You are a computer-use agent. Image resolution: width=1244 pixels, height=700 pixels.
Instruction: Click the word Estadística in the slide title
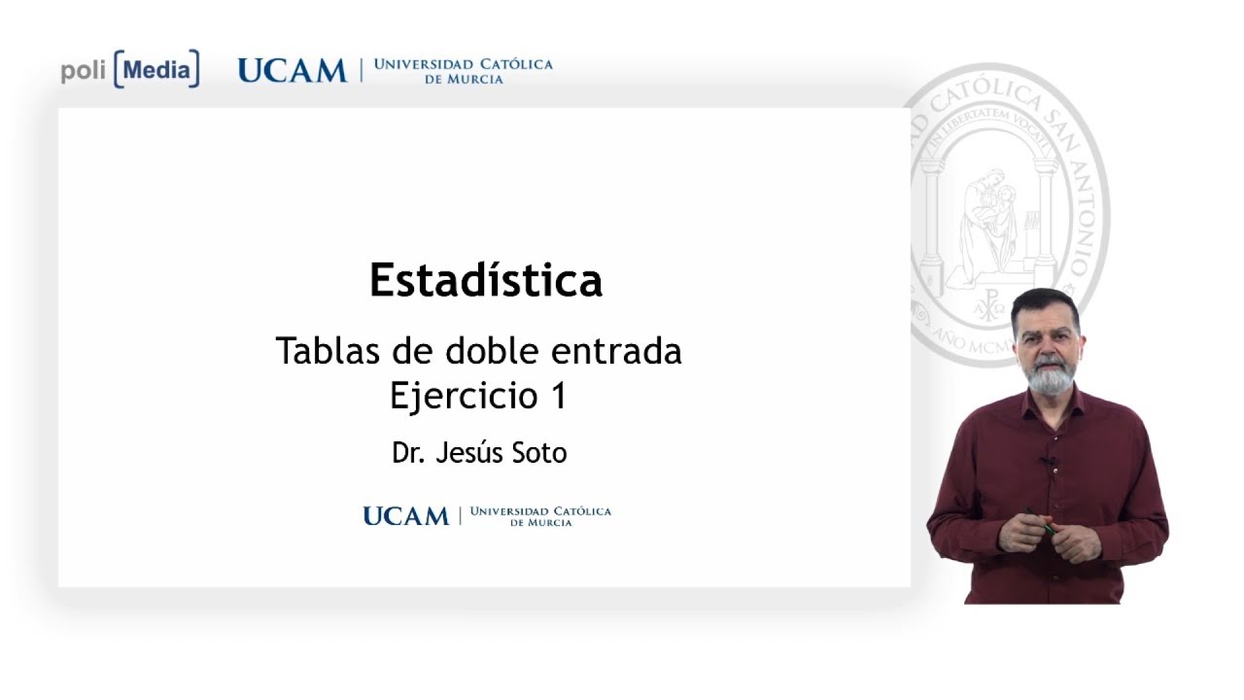(x=486, y=281)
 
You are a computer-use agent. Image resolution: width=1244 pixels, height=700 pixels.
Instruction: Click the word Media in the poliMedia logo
(x=156, y=70)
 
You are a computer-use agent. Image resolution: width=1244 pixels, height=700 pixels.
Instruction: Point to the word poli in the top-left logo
(x=84, y=71)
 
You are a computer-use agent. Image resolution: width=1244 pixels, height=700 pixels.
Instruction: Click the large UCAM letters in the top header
(x=292, y=71)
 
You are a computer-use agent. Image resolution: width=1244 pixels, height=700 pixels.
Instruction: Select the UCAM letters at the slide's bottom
(x=405, y=516)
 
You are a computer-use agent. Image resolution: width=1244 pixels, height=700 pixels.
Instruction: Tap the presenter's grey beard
(x=1049, y=375)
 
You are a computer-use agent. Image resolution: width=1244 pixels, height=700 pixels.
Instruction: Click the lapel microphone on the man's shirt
(x=1049, y=461)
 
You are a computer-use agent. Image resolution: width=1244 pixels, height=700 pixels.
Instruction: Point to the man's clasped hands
(x=1045, y=533)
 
